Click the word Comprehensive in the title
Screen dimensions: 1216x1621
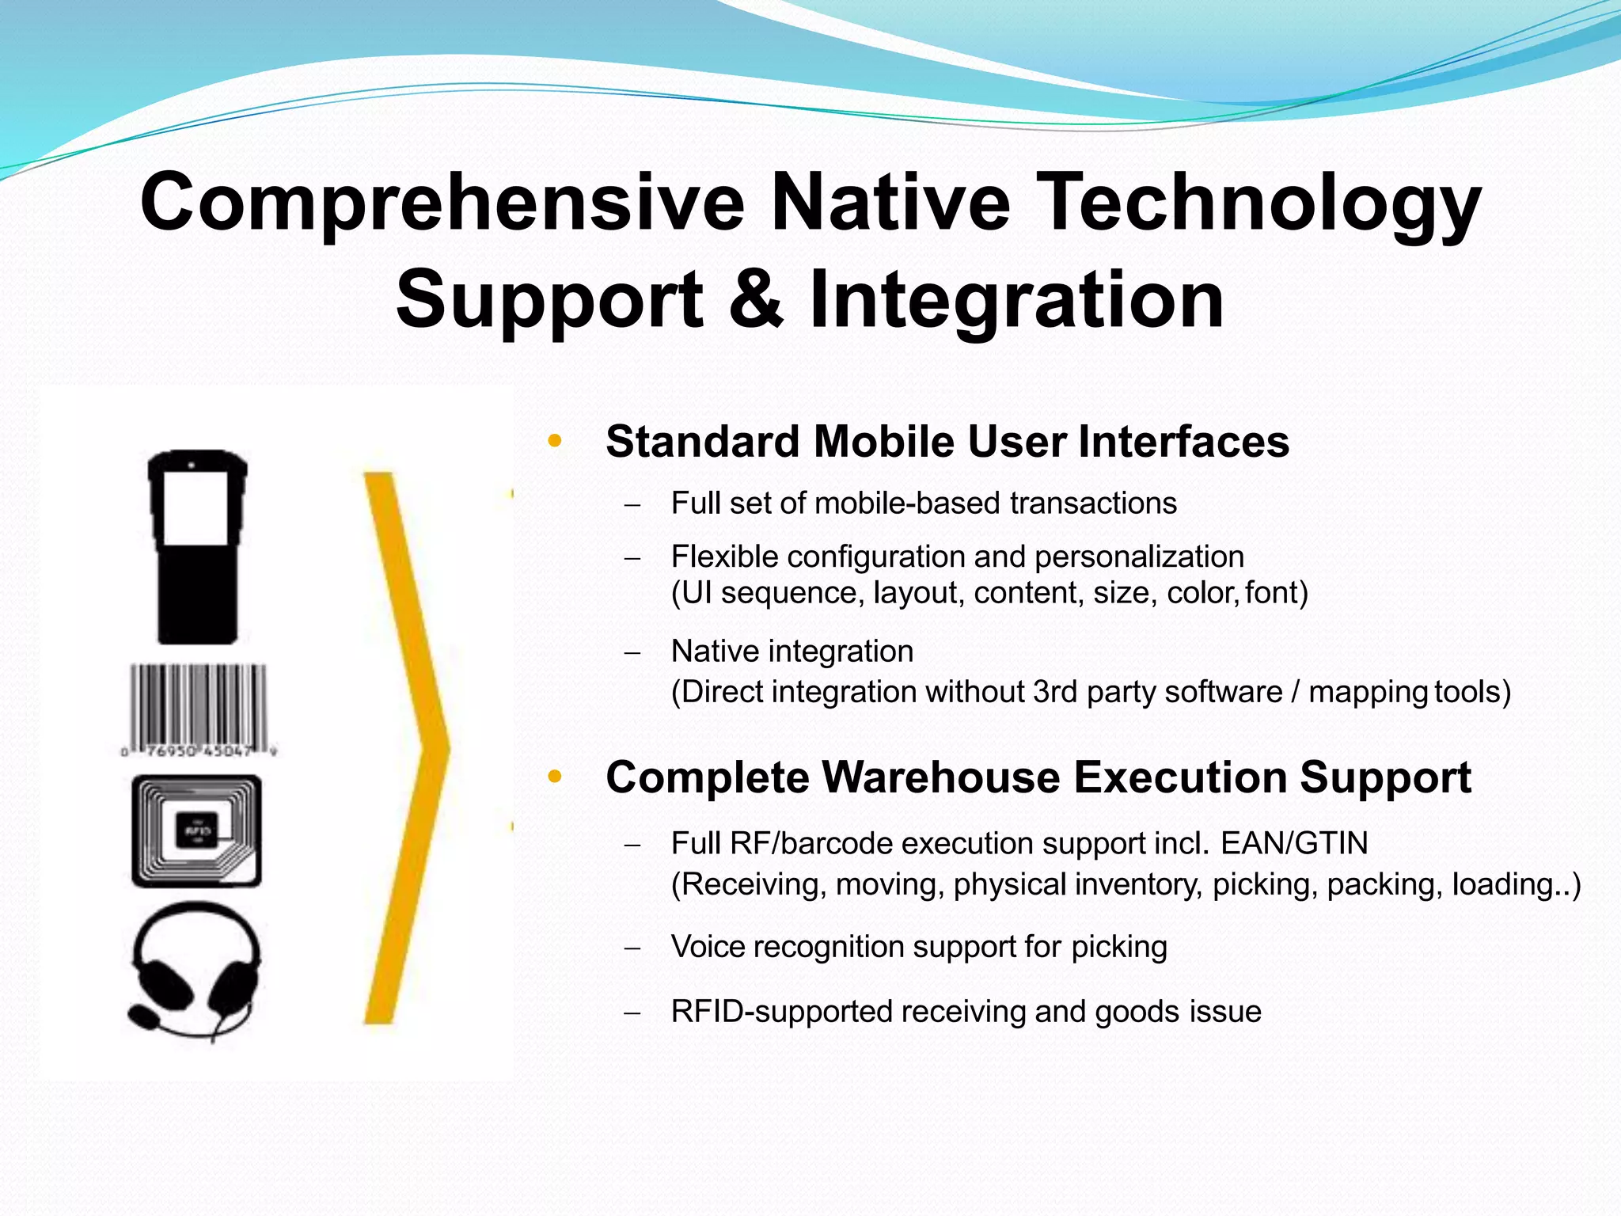pos(442,203)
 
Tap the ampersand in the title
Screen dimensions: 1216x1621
pos(756,299)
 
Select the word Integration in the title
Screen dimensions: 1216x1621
pos(1016,299)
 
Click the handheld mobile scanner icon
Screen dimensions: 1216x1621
pos(197,546)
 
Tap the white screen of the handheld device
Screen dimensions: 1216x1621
pos(196,507)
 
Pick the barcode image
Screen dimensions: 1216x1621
pos(198,709)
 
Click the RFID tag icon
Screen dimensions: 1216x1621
pos(196,831)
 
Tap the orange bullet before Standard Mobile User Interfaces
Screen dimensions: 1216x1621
pos(555,442)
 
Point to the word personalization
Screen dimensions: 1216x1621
pos(1139,557)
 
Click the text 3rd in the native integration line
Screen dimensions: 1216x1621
pos(1055,692)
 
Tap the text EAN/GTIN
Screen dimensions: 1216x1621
pos(1294,843)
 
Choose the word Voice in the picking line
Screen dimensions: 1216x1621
pos(708,947)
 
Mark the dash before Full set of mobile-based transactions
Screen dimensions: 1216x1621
pos(631,505)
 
